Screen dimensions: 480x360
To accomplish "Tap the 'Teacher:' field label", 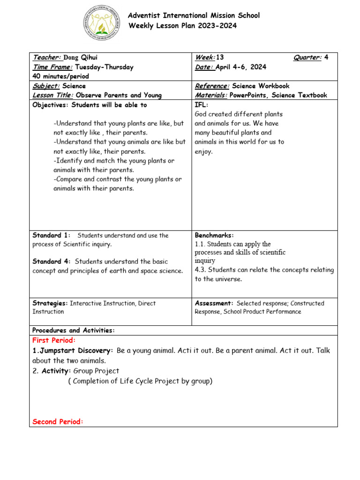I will pyautogui.click(x=46, y=58).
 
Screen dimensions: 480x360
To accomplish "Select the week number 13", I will pyautogui.click(x=220, y=58).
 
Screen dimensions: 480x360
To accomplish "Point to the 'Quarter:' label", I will pyautogui.click(x=307, y=58).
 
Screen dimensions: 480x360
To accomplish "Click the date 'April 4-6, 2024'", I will pyautogui.click(x=241, y=67).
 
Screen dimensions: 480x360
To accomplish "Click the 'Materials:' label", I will pyautogui.click(x=211, y=95).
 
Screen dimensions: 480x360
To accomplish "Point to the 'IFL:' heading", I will pyautogui.click(x=201, y=105).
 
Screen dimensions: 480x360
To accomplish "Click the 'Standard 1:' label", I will pyautogui.click(x=51, y=235).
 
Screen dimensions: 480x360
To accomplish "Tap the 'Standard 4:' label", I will pyautogui.click(x=52, y=262).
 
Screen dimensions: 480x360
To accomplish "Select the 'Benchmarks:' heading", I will pyautogui.click(x=214, y=235).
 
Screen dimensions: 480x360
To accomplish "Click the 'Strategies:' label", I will pyautogui.click(x=50, y=303).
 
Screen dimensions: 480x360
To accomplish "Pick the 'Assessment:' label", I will pyautogui.click(x=214, y=303).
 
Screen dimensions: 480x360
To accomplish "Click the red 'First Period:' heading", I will pyautogui.click(x=54, y=340).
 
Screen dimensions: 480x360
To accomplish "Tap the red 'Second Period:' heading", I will pyautogui.click(x=58, y=422).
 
